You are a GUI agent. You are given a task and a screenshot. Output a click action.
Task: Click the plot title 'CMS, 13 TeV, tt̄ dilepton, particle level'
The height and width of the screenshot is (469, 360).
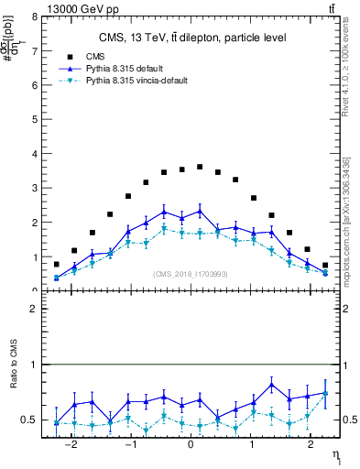(x=192, y=38)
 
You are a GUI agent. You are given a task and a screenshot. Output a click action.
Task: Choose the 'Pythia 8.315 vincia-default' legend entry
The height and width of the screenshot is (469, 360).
(x=136, y=81)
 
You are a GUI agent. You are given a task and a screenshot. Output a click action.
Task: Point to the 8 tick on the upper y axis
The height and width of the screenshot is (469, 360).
(x=35, y=16)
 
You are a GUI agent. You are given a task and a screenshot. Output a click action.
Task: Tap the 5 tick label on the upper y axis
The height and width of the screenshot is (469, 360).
(x=35, y=120)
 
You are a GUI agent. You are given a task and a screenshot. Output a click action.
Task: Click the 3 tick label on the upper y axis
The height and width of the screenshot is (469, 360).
(x=35, y=189)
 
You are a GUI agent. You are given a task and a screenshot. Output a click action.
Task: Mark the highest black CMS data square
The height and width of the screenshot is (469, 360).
(x=200, y=167)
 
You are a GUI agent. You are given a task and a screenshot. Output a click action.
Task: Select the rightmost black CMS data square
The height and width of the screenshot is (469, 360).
(x=324, y=265)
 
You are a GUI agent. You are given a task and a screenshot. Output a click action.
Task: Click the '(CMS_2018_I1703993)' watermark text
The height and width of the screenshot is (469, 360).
(x=190, y=274)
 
